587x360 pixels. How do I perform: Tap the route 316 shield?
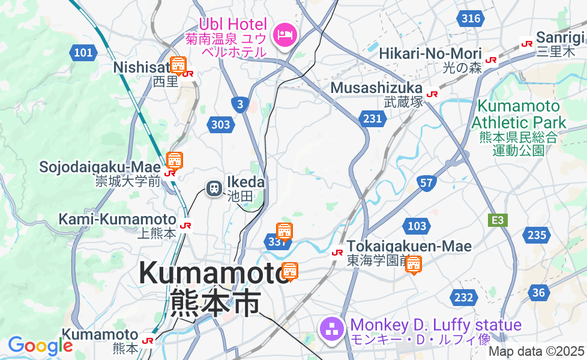point(471,19)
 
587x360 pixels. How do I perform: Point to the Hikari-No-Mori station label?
point(431,54)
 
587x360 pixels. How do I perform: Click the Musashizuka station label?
point(376,89)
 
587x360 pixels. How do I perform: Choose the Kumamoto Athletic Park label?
point(519,114)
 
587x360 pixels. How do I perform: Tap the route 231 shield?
point(372,119)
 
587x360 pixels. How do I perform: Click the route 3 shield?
point(240,104)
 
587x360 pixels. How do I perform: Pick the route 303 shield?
point(220,125)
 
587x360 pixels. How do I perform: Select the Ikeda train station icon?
point(214,188)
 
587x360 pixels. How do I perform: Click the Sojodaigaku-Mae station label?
point(100,166)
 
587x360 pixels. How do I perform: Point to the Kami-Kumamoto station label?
point(117,220)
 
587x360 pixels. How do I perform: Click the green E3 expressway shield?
point(498,220)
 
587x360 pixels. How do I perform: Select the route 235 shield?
point(535,235)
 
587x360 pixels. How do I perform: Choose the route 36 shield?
point(539,292)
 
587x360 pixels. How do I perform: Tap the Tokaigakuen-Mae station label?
point(409,246)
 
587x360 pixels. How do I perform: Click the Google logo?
point(40,346)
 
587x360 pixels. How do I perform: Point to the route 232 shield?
point(463,297)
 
